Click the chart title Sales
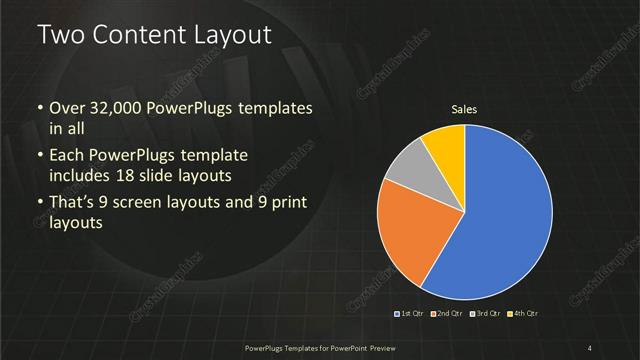coord(463,108)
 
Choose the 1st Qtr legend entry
coord(410,315)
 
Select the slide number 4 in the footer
coord(590,347)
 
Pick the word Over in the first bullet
coord(67,108)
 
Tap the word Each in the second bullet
coord(67,157)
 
